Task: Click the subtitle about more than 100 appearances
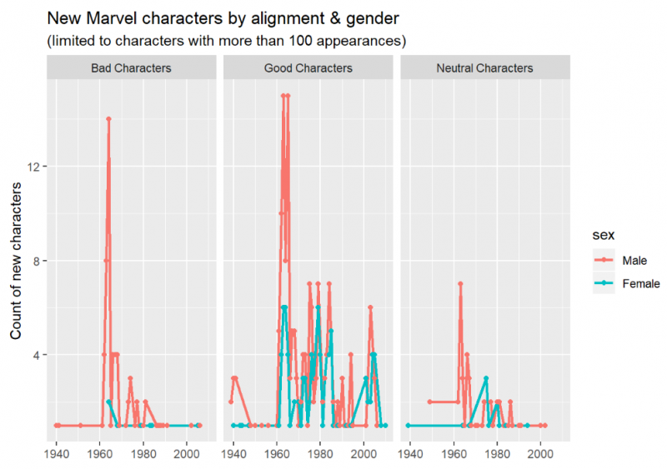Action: [225, 40]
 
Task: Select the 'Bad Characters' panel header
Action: [131, 68]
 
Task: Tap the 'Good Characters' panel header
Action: [308, 68]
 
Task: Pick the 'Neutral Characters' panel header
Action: [484, 68]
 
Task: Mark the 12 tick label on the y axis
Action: [35, 167]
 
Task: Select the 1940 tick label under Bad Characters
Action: [57, 454]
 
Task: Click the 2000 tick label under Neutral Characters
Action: [540, 454]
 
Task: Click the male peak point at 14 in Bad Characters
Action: [108, 119]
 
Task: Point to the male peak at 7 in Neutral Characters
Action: [459, 284]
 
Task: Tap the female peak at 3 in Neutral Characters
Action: [485, 378]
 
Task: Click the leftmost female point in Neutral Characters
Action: [408, 425]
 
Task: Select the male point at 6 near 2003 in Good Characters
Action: [370, 307]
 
